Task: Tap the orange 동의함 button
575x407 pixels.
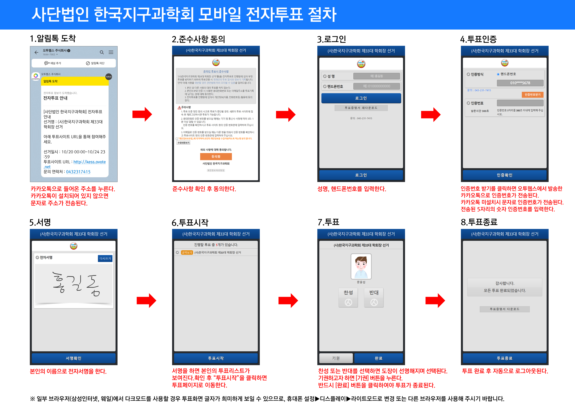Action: [216, 156]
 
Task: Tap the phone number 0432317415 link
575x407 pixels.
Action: [78, 172]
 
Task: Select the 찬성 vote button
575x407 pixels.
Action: [348, 298]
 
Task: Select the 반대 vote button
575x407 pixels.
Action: [374, 298]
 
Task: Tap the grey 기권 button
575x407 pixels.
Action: [336, 358]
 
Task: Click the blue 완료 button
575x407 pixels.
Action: [378, 358]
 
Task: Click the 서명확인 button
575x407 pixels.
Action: [73, 358]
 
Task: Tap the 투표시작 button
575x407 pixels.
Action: [216, 358]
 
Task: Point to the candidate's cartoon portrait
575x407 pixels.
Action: [361, 266]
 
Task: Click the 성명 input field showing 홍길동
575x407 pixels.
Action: [376, 76]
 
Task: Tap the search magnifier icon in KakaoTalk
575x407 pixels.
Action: [102, 52]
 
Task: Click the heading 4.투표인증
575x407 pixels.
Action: [478, 39]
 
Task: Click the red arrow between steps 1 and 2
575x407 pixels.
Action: [142, 114]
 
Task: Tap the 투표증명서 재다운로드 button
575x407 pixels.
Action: [361, 108]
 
